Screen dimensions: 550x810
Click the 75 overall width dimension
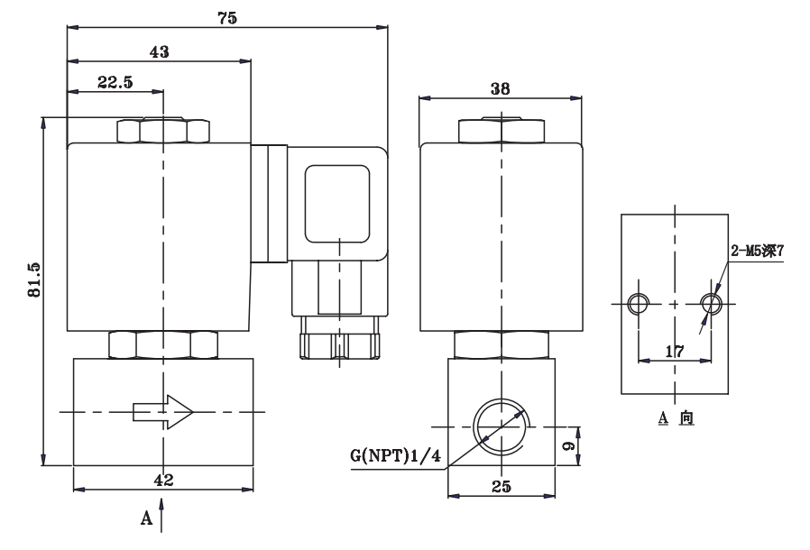(227, 18)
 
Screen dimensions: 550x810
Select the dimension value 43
(159, 52)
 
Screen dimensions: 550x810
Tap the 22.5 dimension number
(115, 82)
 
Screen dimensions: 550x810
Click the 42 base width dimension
(163, 480)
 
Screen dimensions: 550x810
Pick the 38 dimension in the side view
(502, 88)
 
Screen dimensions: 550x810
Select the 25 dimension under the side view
(502, 486)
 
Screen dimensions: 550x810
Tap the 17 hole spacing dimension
(675, 351)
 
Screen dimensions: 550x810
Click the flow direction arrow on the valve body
(163, 412)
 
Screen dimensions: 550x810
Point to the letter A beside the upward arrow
(143, 519)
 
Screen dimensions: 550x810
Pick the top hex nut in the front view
(163, 132)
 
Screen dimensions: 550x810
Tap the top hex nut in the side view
(502, 132)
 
